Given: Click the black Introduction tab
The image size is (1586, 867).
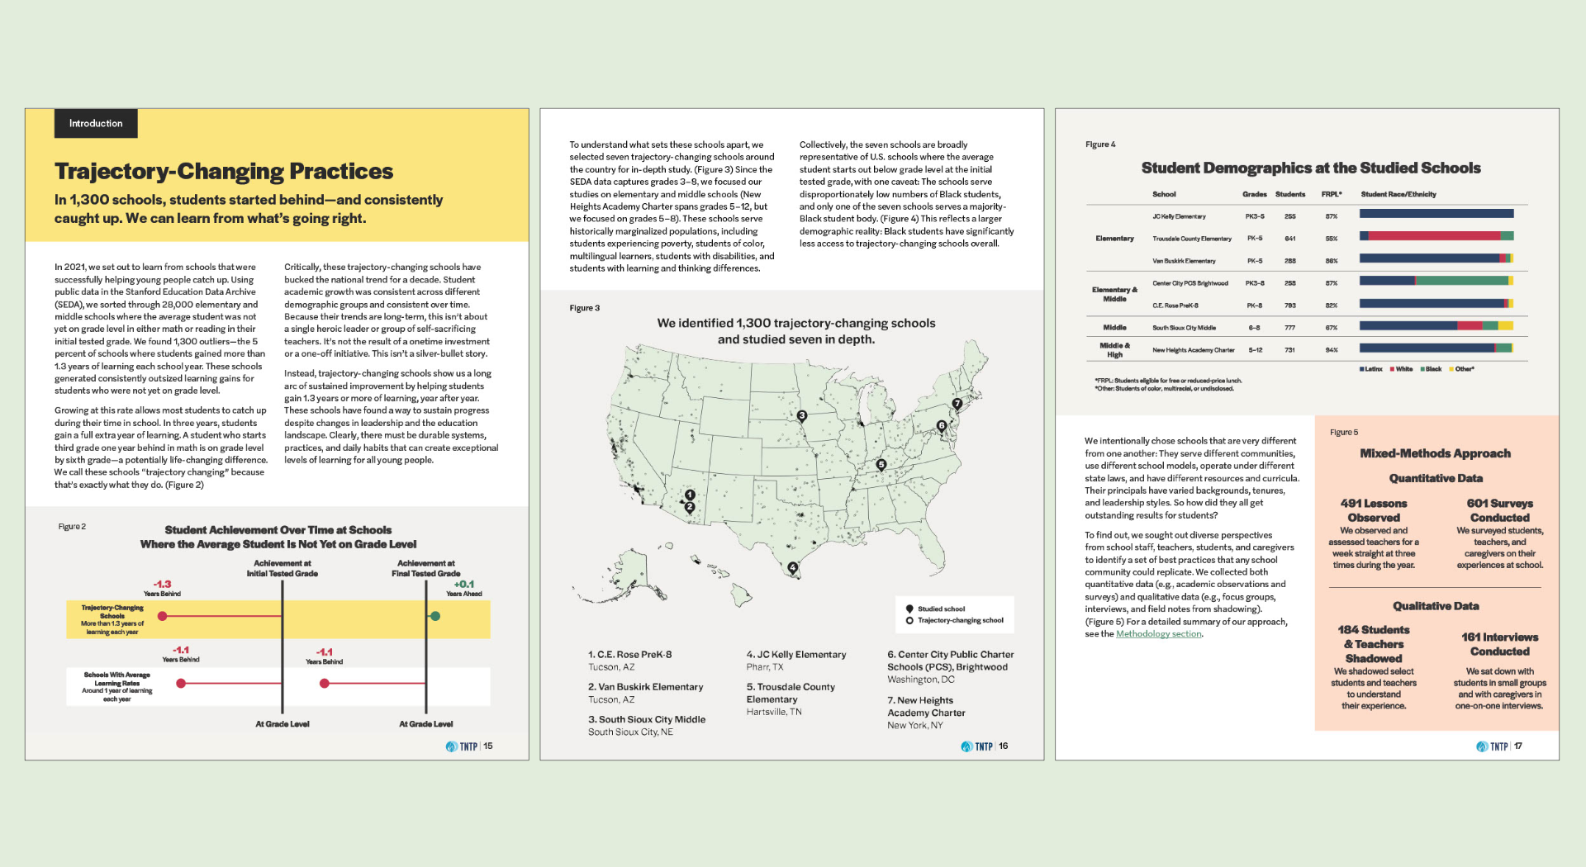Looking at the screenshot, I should [x=96, y=124].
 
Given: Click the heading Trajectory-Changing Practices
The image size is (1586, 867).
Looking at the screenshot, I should [x=224, y=171].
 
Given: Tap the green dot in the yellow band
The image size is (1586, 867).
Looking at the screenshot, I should [x=435, y=616].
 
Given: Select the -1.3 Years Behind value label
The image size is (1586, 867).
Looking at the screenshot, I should [x=162, y=588].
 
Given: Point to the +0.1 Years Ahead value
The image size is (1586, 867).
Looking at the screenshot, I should [x=463, y=588].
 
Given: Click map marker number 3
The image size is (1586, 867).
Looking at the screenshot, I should [x=801, y=416].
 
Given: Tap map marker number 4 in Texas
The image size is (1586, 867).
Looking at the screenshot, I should [x=793, y=567].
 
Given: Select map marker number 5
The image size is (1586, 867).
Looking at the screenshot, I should [x=881, y=465].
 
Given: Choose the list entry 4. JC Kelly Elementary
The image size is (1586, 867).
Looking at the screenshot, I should [x=796, y=655].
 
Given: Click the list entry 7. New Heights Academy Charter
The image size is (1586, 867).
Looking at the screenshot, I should [x=926, y=707].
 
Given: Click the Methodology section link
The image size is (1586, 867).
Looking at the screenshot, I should [x=1158, y=634].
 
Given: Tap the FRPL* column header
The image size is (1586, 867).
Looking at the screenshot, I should [x=1331, y=195].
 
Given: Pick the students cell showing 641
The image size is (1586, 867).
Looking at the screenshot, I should [x=1289, y=239].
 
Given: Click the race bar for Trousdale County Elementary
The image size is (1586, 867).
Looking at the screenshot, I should [x=1436, y=236].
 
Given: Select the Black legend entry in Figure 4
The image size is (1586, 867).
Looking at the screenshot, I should [x=1431, y=369].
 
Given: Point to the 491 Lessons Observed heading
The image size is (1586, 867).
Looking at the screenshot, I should [x=1373, y=510].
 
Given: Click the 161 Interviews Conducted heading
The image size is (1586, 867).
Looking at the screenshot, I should [x=1499, y=644].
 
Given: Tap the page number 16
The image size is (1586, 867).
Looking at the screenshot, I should [x=1003, y=746].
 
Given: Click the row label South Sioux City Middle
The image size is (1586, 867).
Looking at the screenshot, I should [x=1184, y=328].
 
